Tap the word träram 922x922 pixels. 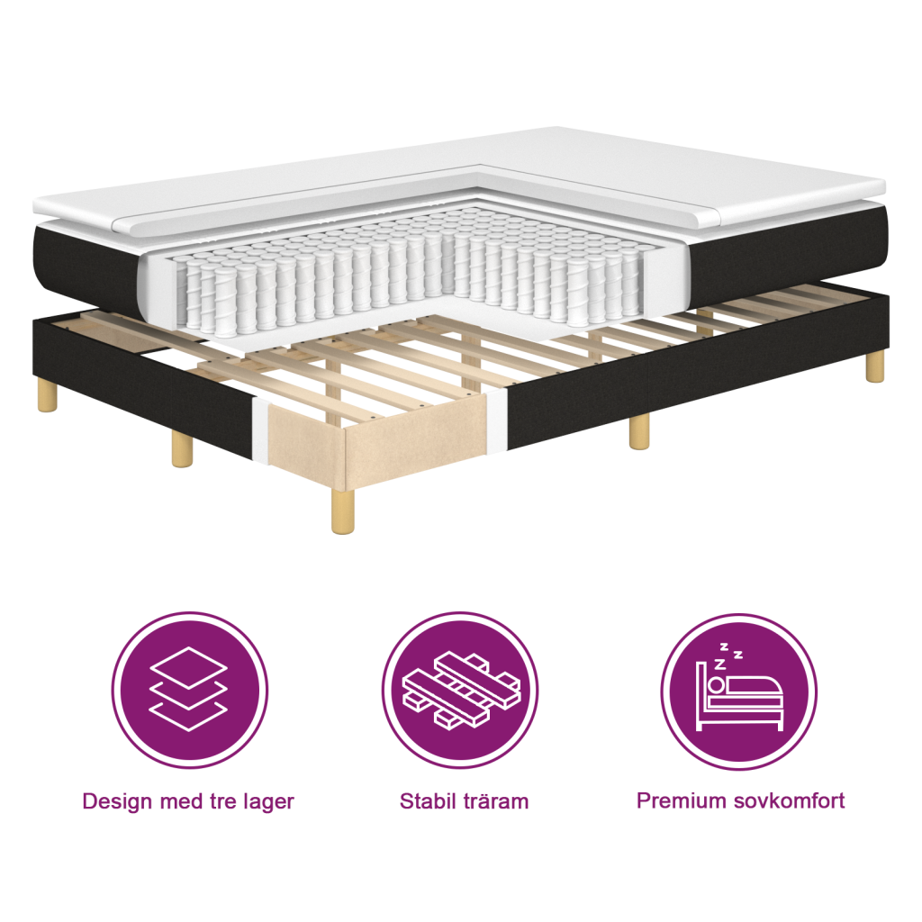click(x=495, y=801)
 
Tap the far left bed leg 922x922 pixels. click(x=47, y=395)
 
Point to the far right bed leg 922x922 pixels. click(x=874, y=366)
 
